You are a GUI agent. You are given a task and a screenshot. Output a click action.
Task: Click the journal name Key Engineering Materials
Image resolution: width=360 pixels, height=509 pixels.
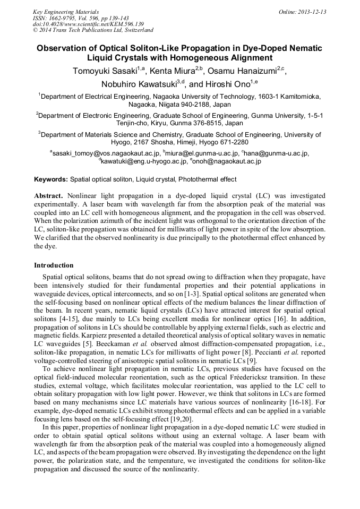tap(65, 12)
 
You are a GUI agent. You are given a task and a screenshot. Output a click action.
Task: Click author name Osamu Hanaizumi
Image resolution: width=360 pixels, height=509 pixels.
tap(244, 71)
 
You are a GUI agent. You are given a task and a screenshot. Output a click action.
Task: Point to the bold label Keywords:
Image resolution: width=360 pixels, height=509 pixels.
tap(51, 180)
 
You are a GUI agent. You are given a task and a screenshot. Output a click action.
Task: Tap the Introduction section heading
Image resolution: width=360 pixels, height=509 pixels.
tap(54, 265)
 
